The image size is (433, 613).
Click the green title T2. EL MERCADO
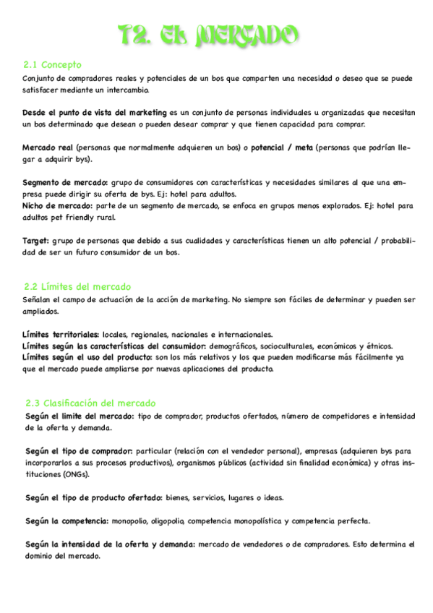(x=208, y=35)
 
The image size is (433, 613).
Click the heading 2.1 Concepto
(x=52, y=65)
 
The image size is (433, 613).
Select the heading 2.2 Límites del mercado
(x=77, y=287)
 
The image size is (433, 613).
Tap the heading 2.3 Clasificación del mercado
(x=90, y=403)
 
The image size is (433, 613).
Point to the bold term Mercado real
(x=48, y=147)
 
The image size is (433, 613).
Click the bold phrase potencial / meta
(x=281, y=147)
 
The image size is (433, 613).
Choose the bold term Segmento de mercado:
(x=65, y=183)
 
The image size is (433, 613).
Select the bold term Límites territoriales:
(x=61, y=335)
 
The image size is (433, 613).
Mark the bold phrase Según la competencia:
(x=67, y=520)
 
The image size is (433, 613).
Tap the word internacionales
(x=244, y=335)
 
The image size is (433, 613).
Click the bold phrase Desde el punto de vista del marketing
(x=94, y=113)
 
